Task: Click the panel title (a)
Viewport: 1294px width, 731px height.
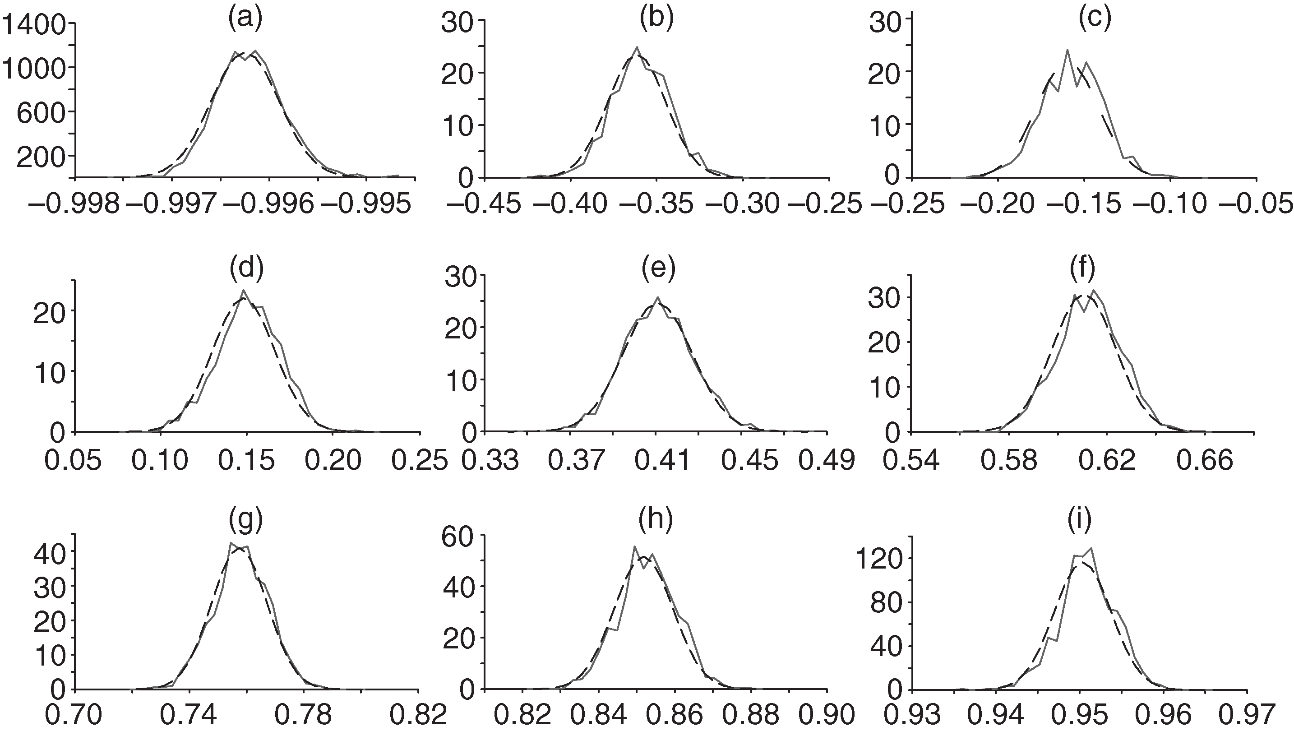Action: coord(245,19)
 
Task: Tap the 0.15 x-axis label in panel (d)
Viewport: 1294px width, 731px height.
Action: coord(247,460)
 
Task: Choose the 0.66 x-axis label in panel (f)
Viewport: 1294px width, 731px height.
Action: coord(1206,460)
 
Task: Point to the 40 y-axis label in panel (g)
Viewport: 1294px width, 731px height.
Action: coord(49,552)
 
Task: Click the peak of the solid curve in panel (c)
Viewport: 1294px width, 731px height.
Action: coord(1067,50)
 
